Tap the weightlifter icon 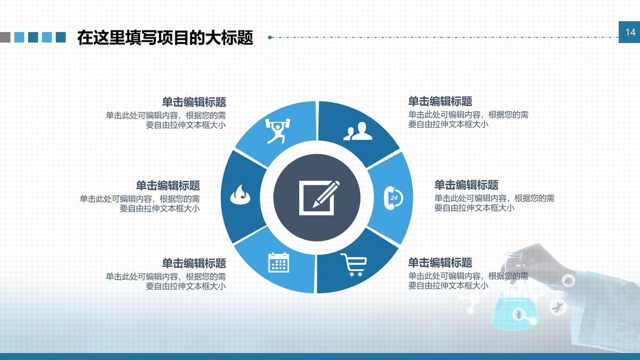[x=278, y=130]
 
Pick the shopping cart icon [x=354, y=264]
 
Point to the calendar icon [x=278, y=262]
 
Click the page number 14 [x=630, y=33]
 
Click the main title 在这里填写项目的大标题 [x=165, y=38]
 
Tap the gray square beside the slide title [x=5, y=37]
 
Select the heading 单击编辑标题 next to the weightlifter [x=194, y=102]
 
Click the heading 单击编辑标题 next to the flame [x=167, y=186]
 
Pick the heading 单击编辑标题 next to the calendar [x=194, y=263]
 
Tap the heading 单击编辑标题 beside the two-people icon [x=440, y=101]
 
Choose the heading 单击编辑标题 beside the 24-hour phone [x=466, y=185]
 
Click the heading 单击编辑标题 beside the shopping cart [x=440, y=263]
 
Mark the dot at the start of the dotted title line [x=270, y=37]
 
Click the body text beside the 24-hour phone [x=494, y=203]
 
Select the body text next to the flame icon [x=140, y=204]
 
